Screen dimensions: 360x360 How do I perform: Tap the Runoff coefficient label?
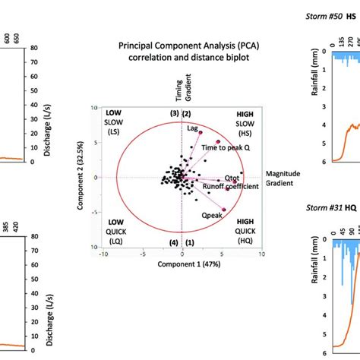click(231, 185)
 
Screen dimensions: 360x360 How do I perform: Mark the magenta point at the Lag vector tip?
click(201, 132)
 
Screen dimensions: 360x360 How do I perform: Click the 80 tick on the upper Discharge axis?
click(36, 49)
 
